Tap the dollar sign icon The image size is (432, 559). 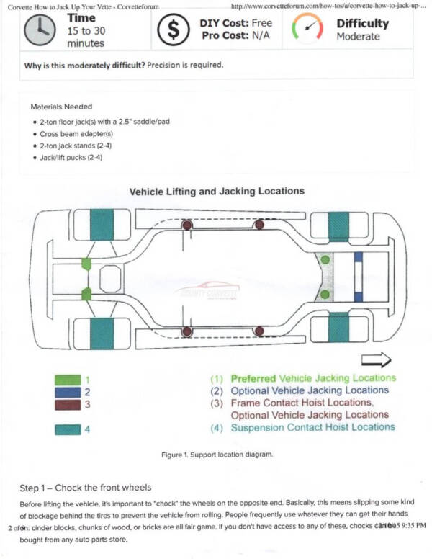(x=174, y=30)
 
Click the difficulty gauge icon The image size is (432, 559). (x=307, y=28)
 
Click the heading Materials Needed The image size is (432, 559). (x=61, y=106)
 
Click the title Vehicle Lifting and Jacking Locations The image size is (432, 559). (x=215, y=192)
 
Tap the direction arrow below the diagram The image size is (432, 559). (x=375, y=358)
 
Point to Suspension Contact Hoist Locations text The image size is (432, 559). (x=312, y=427)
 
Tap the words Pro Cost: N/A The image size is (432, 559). (x=230, y=36)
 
